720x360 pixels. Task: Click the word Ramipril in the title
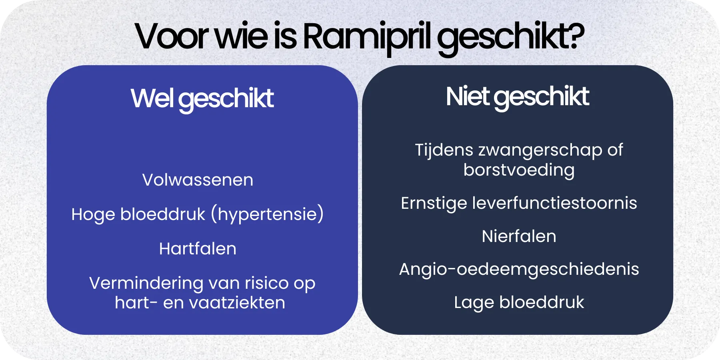[366, 37]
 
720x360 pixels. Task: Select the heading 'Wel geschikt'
[202, 98]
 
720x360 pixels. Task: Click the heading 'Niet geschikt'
[517, 97]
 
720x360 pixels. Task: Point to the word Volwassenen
[198, 180]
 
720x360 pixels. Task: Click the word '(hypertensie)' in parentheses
[267, 214]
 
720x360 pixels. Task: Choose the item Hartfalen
[198, 249]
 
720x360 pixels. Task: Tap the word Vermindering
[146, 283]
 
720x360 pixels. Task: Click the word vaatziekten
[237, 303]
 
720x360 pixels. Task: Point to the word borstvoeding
[519, 170]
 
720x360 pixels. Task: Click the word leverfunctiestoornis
[554, 203]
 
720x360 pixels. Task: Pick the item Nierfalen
[519, 236]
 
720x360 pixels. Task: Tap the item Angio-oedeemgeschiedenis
[519, 269]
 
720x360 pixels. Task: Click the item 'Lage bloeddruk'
[519, 302]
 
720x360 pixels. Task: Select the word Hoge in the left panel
[93, 214]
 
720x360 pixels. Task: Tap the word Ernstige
[434, 203]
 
